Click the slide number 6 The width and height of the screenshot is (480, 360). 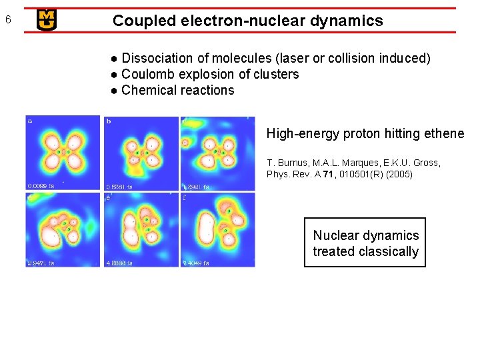(7, 19)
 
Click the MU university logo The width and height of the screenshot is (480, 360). (47, 20)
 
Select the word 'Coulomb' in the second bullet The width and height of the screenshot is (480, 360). (147, 74)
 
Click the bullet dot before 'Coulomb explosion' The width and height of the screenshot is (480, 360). (115, 75)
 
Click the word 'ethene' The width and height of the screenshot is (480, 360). (444, 134)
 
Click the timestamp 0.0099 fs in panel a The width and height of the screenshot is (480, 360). (41, 186)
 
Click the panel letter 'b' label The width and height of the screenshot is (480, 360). (108, 121)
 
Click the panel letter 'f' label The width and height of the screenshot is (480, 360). (185, 197)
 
